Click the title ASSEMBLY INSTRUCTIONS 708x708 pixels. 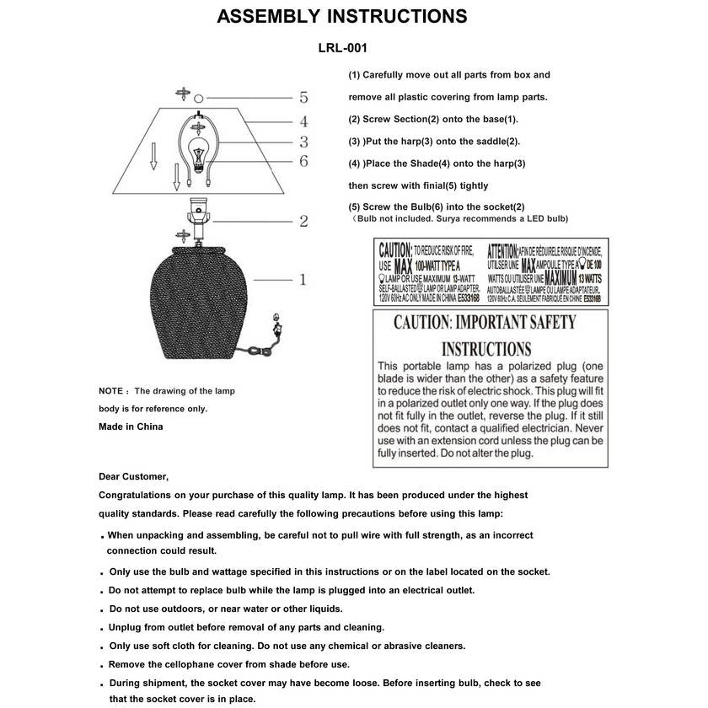tap(341, 17)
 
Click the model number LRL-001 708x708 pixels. tap(342, 50)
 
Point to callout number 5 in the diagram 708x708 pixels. tap(303, 97)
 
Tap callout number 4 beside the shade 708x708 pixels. tap(303, 122)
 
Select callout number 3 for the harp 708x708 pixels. tap(303, 142)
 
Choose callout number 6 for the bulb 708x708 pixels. tap(303, 161)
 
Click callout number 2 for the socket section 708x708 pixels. tap(303, 222)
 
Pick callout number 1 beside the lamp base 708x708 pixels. tap(303, 279)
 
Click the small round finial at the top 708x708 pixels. tap(201, 98)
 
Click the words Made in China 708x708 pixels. tap(131, 426)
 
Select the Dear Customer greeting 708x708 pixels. tap(133, 477)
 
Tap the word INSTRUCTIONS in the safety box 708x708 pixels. tap(486, 349)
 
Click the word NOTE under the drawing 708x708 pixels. tap(111, 391)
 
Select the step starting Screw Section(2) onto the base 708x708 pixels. tap(433, 119)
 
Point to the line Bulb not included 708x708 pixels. tap(460, 219)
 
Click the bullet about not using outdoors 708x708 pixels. tap(226, 609)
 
